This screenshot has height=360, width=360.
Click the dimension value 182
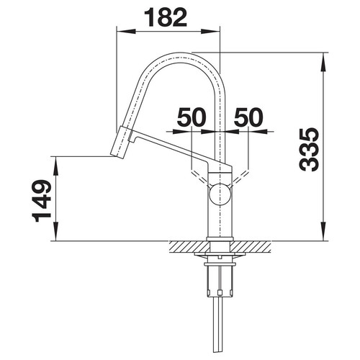(166, 17)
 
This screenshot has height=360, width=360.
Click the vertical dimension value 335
(309, 150)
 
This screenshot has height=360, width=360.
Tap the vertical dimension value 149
(41, 201)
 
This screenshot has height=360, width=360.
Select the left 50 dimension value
(192, 117)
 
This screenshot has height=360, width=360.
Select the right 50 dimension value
(248, 117)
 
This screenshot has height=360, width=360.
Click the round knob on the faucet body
(220, 194)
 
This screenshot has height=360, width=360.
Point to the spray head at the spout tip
(120, 143)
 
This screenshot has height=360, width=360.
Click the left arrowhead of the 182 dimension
(126, 32)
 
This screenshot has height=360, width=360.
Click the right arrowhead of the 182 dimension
(210, 32)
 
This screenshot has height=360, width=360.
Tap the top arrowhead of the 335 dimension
(323, 62)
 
